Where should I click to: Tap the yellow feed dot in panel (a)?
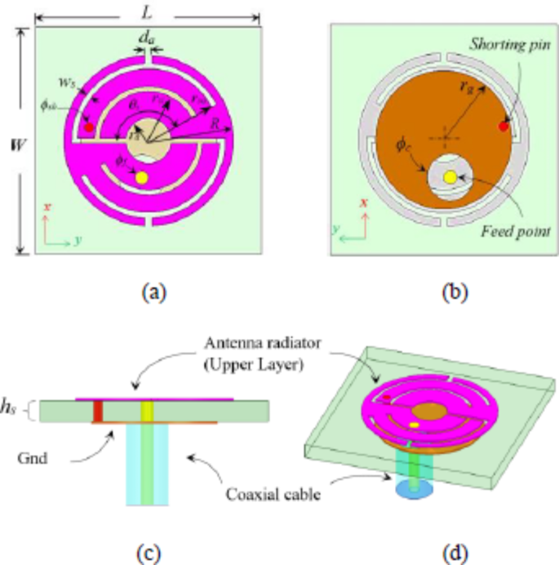141,177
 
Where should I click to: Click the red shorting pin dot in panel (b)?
504,127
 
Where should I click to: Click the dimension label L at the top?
146,12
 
